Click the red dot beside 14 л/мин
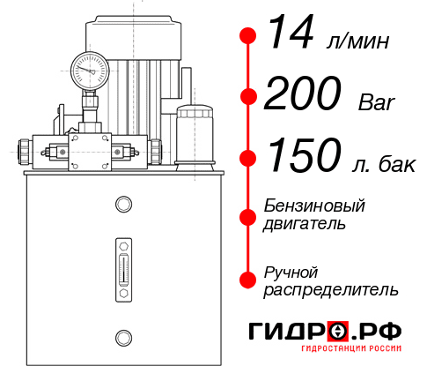(248, 36)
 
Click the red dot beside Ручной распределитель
(248, 279)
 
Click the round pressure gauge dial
(90, 68)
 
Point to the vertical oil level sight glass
(122, 265)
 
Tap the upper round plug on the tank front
(122, 205)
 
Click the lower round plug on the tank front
(122, 336)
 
